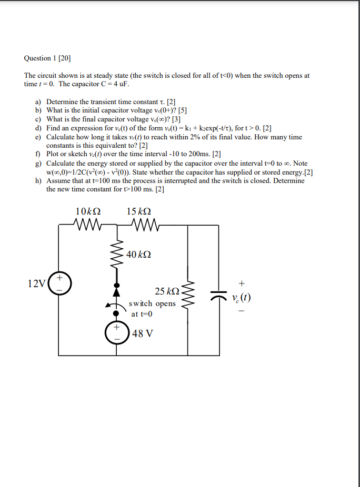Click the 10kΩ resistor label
(88, 211)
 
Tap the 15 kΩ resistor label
(139, 211)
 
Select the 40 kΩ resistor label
(140, 254)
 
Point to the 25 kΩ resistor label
(167, 291)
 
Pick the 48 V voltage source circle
(116, 332)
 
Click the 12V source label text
(36, 284)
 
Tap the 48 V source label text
(142, 333)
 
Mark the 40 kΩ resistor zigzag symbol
(116, 256)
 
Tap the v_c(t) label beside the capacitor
(241, 298)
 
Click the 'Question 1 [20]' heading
(47, 58)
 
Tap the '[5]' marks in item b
(183, 110)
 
